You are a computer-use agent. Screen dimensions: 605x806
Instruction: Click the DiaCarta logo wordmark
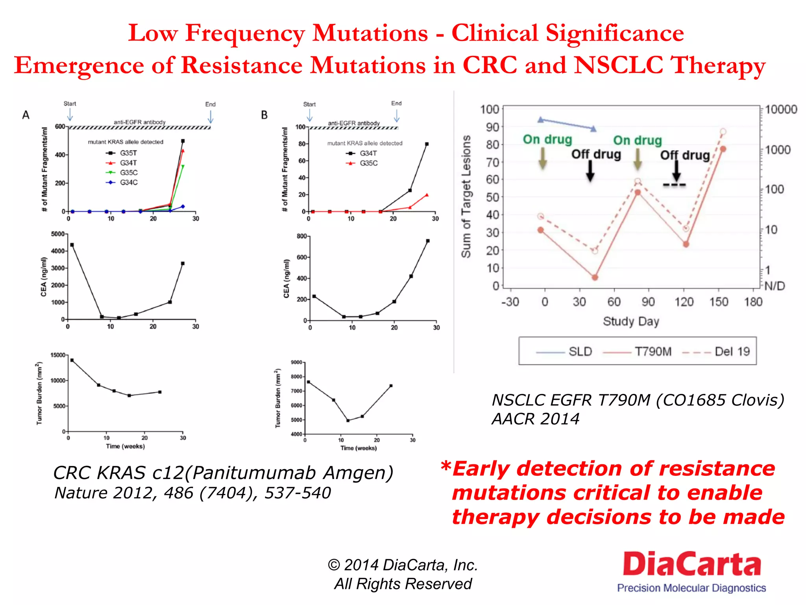691,564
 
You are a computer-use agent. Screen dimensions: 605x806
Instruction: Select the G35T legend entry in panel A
122,153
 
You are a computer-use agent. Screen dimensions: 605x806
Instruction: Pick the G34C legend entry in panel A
122,182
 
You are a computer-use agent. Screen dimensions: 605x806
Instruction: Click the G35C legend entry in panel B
362,163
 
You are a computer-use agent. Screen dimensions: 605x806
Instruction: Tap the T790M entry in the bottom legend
638,351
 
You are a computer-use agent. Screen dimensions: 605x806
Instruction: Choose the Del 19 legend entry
716,351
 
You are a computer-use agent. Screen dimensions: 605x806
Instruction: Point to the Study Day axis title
631,321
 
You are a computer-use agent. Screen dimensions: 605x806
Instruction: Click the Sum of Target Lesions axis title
466,197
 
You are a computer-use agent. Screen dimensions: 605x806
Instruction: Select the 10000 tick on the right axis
781,109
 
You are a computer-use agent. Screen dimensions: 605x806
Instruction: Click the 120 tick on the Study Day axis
684,302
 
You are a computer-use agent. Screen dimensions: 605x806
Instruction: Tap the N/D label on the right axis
775,286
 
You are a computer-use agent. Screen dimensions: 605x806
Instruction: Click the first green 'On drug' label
547,139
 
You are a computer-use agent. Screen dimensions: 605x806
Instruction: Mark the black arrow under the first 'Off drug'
590,171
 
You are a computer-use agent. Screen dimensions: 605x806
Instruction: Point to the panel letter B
264,115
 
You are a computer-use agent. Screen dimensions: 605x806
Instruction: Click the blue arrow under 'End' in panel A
211,117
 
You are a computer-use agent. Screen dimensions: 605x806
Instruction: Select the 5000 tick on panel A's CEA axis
57,234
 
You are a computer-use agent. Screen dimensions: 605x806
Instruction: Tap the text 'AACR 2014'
535,419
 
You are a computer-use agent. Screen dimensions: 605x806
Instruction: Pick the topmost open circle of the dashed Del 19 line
723,132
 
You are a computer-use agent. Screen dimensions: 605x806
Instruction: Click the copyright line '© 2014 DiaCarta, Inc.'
403,565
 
